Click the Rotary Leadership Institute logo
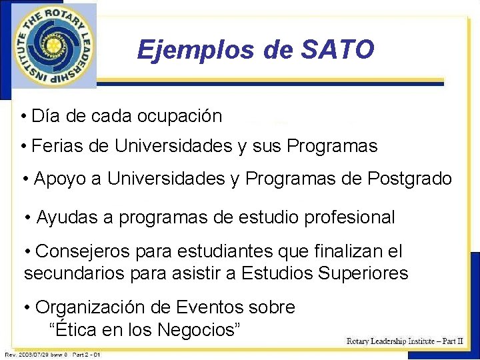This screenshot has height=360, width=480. tap(53, 46)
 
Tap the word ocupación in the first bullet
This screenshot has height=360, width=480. tap(179, 116)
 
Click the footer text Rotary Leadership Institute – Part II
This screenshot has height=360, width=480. tap(405, 341)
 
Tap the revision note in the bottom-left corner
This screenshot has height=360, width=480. tap(53, 355)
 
